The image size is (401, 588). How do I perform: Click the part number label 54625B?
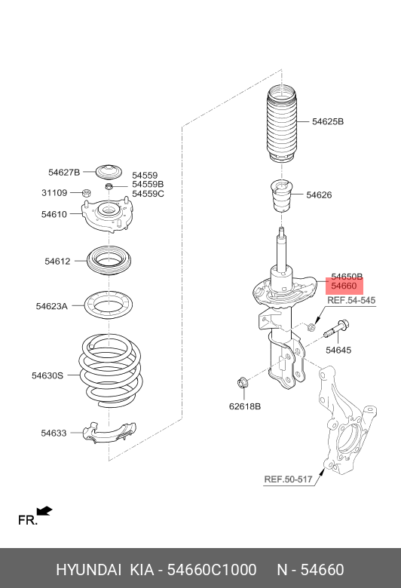(x=327, y=121)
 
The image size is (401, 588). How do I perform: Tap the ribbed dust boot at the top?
(x=282, y=124)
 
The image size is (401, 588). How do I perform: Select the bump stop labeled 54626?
(x=281, y=196)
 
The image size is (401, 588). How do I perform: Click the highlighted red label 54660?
(x=344, y=286)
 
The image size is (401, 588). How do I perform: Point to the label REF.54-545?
(x=351, y=300)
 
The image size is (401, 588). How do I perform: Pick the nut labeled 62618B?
(x=242, y=383)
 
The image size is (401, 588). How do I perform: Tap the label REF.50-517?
(x=288, y=479)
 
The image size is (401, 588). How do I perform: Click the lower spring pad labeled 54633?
(x=109, y=433)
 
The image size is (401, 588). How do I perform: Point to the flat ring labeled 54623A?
(x=108, y=305)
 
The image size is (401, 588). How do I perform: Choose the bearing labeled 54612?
(x=109, y=261)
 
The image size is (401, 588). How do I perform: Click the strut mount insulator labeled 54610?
(x=107, y=215)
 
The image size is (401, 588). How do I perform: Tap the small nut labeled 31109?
(x=86, y=193)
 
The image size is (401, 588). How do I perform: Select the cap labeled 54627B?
(x=109, y=172)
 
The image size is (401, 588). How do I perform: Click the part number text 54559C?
(x=148, y=194)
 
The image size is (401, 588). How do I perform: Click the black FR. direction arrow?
(x=44, y=511)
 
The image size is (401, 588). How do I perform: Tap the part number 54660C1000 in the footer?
(x=212, y=570)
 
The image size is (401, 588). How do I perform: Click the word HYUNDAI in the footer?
(x=88, y=570)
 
